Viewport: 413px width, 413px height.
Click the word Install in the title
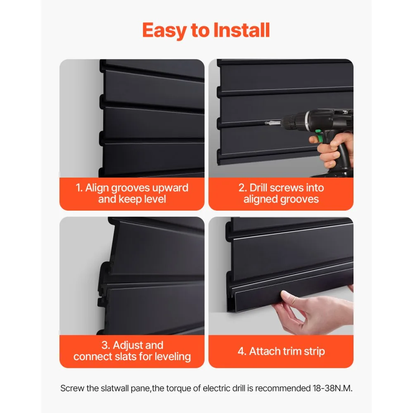[242, 30]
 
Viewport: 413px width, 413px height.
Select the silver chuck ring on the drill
[306, 120]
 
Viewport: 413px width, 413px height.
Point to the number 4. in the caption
[242, 351]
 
